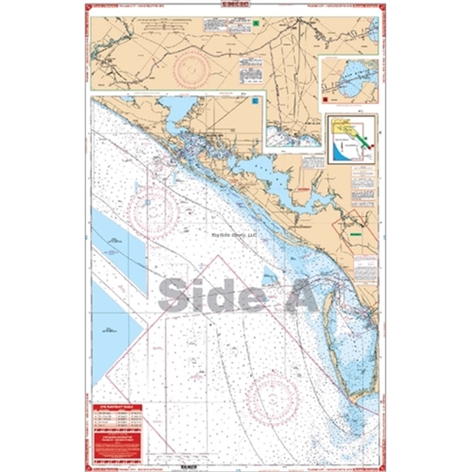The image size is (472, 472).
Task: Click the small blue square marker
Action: (258, 100)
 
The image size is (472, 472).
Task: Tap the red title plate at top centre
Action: (236, 6)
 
